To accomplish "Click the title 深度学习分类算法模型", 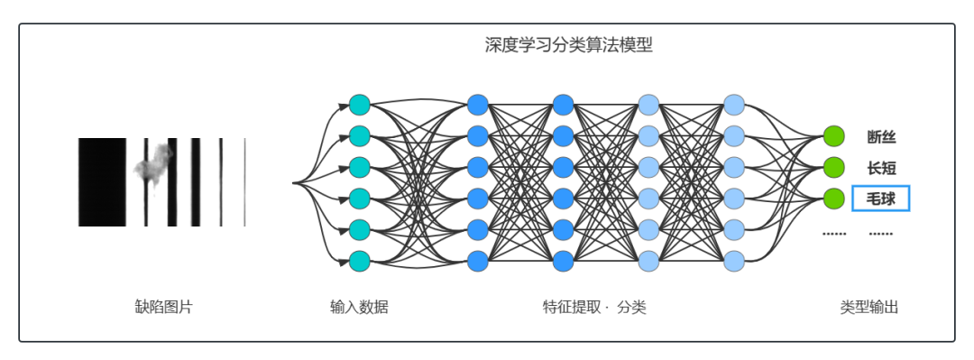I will pos(568,45).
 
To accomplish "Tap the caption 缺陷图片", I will pos(163,307).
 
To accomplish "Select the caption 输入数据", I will pos(359,307).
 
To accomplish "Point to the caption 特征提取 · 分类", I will pos(594,307).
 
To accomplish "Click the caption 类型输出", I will pos(869,307).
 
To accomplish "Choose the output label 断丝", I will pos(881,137).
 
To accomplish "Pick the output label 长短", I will pos(881,168).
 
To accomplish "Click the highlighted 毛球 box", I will pos(881,198).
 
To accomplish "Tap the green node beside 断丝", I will pos(833,137).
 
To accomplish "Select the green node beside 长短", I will pos(833,168).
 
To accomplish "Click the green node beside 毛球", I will pos(833,198).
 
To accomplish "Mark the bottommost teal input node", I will pos(359,262).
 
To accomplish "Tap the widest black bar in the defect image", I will pos(102,181).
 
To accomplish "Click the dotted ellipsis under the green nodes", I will pos(834,233).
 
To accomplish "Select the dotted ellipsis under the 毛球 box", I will pos(881,233).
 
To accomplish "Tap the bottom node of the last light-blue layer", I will pos(734,262).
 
